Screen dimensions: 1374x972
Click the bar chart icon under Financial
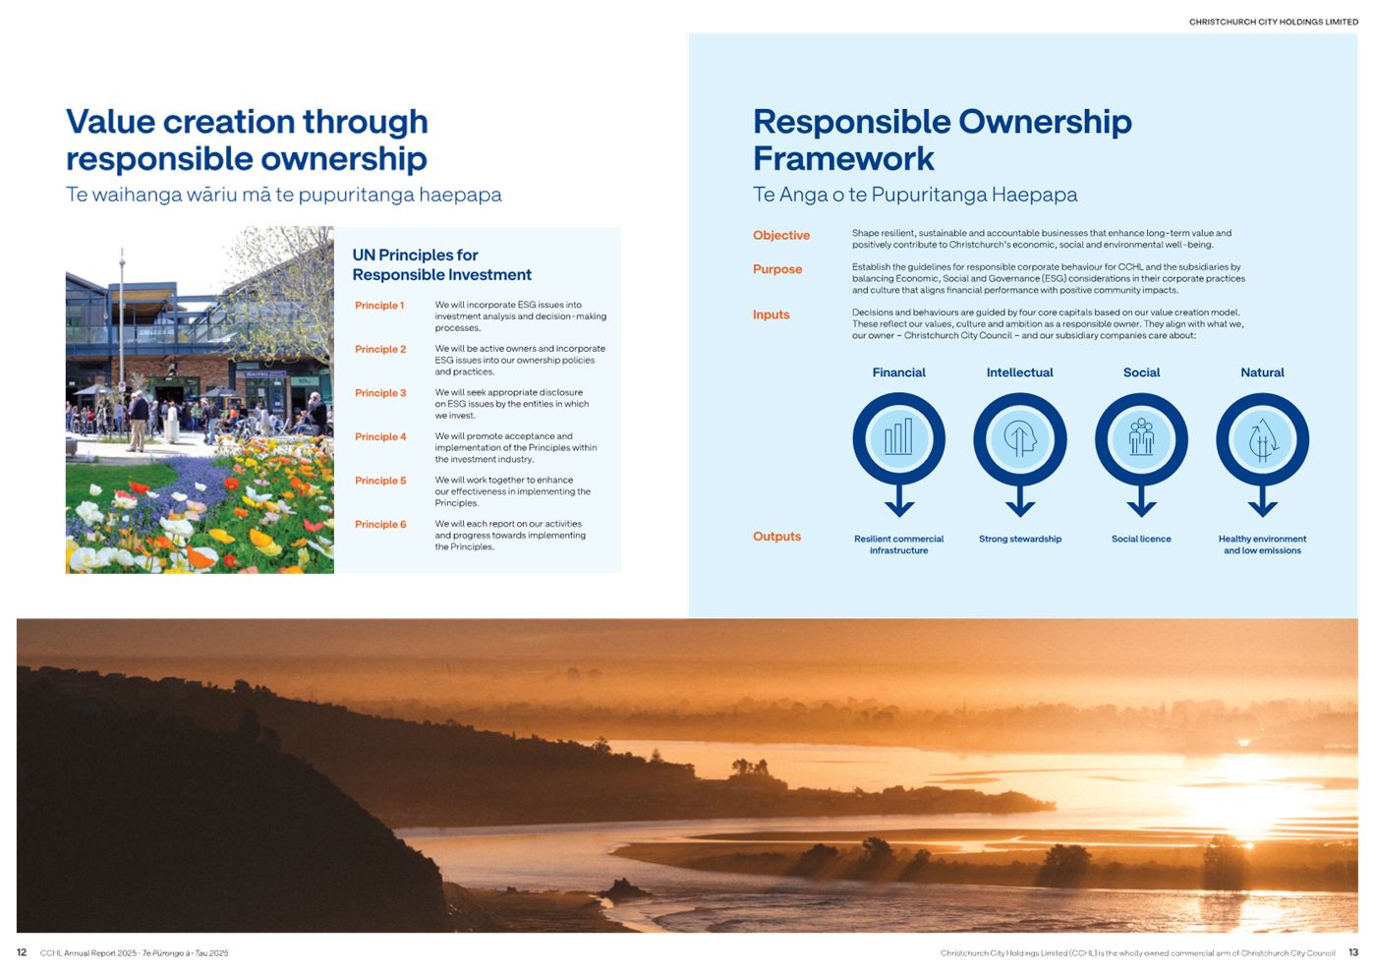(x=898, y=437)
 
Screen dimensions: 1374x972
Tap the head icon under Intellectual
(x=1019, y=438)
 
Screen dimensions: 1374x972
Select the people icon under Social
(x=1141, y=436)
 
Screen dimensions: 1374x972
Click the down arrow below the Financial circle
(x=899, y=500)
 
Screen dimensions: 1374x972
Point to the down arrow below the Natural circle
(x=1262, y=500)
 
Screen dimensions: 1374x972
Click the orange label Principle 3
(x=380, y=393)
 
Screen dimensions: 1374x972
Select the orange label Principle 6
(x=380, y=524)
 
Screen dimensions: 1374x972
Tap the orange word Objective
(x=780, y=236)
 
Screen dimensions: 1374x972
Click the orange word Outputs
(x=776, y=537)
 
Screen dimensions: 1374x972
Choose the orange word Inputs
(x=772, y=315)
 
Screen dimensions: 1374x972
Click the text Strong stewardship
(x=1020, y=539)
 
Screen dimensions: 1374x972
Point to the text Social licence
(x=1141, y=539)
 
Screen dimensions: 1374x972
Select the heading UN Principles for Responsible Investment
(x=441, y=265)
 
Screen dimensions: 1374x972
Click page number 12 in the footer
(x=22, y=952)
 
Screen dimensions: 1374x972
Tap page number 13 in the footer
(x=1353, y=952)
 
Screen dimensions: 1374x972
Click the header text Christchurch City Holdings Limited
(x=1274, y=22)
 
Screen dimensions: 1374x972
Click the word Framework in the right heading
(x=843, y=159)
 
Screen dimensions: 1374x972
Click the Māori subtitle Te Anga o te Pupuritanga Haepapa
(x=915, y=195)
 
